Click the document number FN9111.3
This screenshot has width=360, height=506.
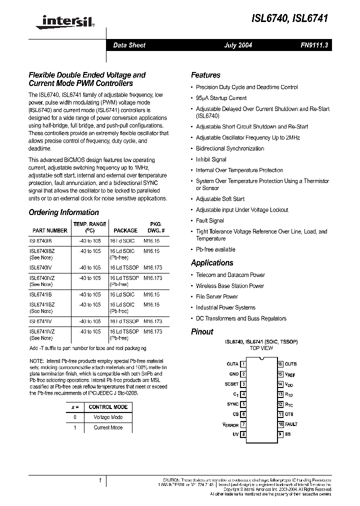coord(314,45)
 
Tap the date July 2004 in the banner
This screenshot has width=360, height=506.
coord(237,45)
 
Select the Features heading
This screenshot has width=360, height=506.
coord(205,75)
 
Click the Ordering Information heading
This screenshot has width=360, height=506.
coord(63,212)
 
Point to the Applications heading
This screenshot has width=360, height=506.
coord(212,262)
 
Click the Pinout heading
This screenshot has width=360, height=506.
coord(202,331)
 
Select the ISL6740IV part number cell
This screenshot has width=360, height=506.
coord(40,267)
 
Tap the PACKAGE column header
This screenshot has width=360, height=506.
coord(125,230)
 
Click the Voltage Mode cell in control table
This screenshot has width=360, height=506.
coord(108,417)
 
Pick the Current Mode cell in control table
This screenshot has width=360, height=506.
coord(108,427)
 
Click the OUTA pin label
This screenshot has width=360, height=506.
coord(232,364)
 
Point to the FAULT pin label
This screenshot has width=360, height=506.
coord(291,424)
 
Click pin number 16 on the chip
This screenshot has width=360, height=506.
coord(280,364)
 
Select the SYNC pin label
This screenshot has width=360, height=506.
coord(232,404)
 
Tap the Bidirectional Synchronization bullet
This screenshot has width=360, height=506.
coord(230,148)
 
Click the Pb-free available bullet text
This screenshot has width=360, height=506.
coord(215,249)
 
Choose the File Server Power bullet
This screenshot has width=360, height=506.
coord(216,296)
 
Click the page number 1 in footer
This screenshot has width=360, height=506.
coord(100,481)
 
